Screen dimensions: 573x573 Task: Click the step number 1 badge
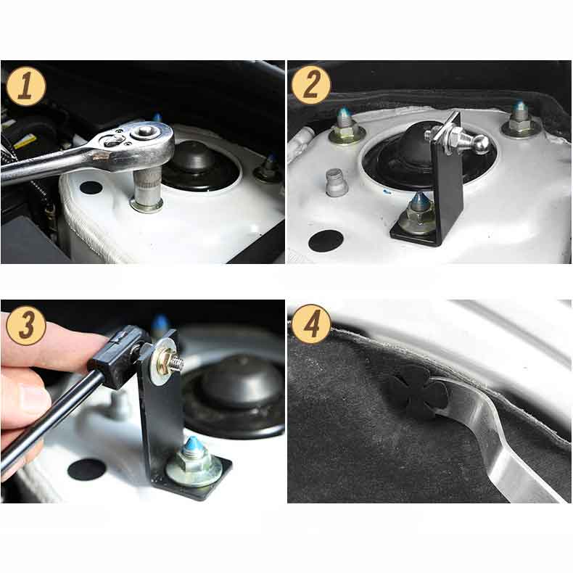pos(26,86)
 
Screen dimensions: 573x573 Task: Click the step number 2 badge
pos(311,86)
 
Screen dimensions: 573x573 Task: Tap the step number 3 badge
pos(26,325)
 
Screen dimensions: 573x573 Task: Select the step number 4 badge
pos(311,324)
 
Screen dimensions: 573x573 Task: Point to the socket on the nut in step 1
pos(147,190)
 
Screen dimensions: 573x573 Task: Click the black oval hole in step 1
pos(91,188)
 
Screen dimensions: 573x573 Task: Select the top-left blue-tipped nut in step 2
pos(345,126)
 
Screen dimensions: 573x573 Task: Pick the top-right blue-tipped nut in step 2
pos(519,120)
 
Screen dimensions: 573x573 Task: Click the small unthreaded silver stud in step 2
pos(334,183)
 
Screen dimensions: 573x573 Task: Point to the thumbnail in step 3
pos(31,398)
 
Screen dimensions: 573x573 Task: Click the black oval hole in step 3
pos(86,469)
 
